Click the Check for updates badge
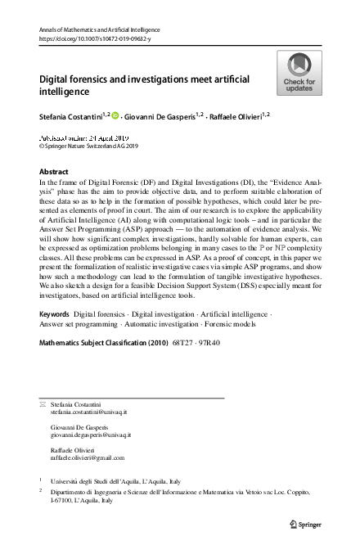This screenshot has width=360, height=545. click(299, 73)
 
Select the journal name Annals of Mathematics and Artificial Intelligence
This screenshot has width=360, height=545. click(99, 29)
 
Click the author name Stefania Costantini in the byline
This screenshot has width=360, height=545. click(71, 118)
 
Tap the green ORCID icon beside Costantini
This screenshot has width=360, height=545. click(115, 117)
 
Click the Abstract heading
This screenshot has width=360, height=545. click(54, 172)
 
